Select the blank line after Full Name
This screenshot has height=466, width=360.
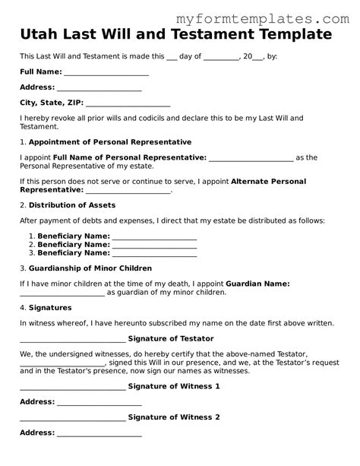point(106,73)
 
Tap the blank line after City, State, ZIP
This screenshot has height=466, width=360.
point(128,103)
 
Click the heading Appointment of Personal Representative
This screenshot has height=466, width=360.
point(110,142)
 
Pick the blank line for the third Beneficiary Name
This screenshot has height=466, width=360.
point(154,252)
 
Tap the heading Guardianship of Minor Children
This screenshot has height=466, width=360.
point(90,268)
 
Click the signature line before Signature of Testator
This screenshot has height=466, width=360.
point(72,339)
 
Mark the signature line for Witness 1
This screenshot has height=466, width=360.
point(72,387)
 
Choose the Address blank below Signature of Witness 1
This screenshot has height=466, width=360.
point(99,402)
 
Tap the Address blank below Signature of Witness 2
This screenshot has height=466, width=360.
point(99,433)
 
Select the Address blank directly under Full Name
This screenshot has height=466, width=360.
point(99,88)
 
